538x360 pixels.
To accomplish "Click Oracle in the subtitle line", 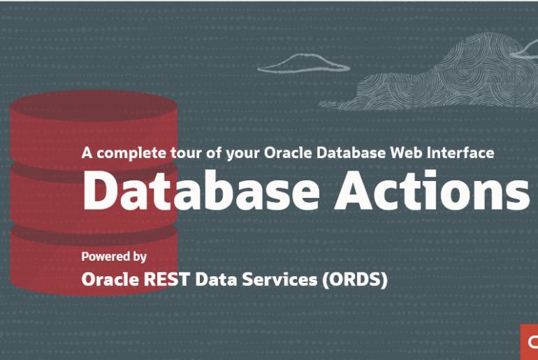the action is pyautogui.click(x=288, y=152).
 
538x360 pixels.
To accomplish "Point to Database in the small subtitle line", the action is pyautogui.click(x=351, y=152).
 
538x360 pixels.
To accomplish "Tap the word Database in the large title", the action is pyautogui.click(x=201, y=189).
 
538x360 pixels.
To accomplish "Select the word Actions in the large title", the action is pyautogui.click(x=432, y=189).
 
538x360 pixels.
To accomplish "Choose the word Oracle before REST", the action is pyautogui.click(x=110, y=280).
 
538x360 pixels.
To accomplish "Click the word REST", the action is pyautogui.click(x=167, y=280).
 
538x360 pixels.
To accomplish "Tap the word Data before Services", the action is pyautogui.click(x=216, y=280).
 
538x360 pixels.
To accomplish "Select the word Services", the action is pyautogui.click(x=279, y=280).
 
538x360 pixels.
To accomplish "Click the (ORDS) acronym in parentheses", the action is pyautogui.click(x=355, y=280).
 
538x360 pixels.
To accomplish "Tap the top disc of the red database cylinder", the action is pyautogui.click(x=94, y=106).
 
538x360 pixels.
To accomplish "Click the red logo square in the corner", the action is pyautogui.click(x=530, y=342).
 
